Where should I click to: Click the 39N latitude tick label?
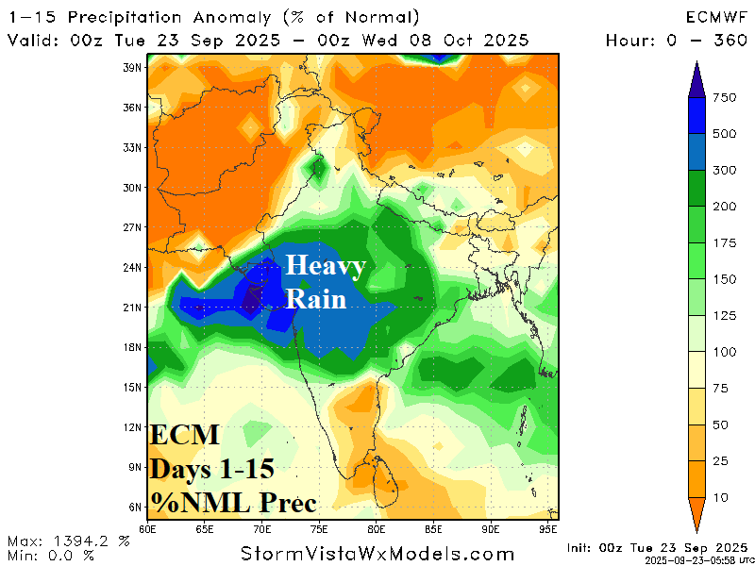point(131,68)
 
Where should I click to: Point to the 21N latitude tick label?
point(131,308)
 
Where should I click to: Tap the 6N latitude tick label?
point(133,507)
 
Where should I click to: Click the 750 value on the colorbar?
point(726,98)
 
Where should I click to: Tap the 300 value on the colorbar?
point(726,171)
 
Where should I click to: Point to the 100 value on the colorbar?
point(726,352)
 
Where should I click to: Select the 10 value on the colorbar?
point(722,496)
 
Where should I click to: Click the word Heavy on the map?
point(325,267)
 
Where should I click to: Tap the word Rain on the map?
point(315,299)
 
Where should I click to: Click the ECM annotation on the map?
point(185,436)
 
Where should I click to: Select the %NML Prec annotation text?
point(233,499)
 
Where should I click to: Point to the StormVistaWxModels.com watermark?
point(377,554)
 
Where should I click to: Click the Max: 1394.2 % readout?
point(68,541)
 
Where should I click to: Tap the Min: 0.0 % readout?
point(51,555)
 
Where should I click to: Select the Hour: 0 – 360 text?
point(676,40)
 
